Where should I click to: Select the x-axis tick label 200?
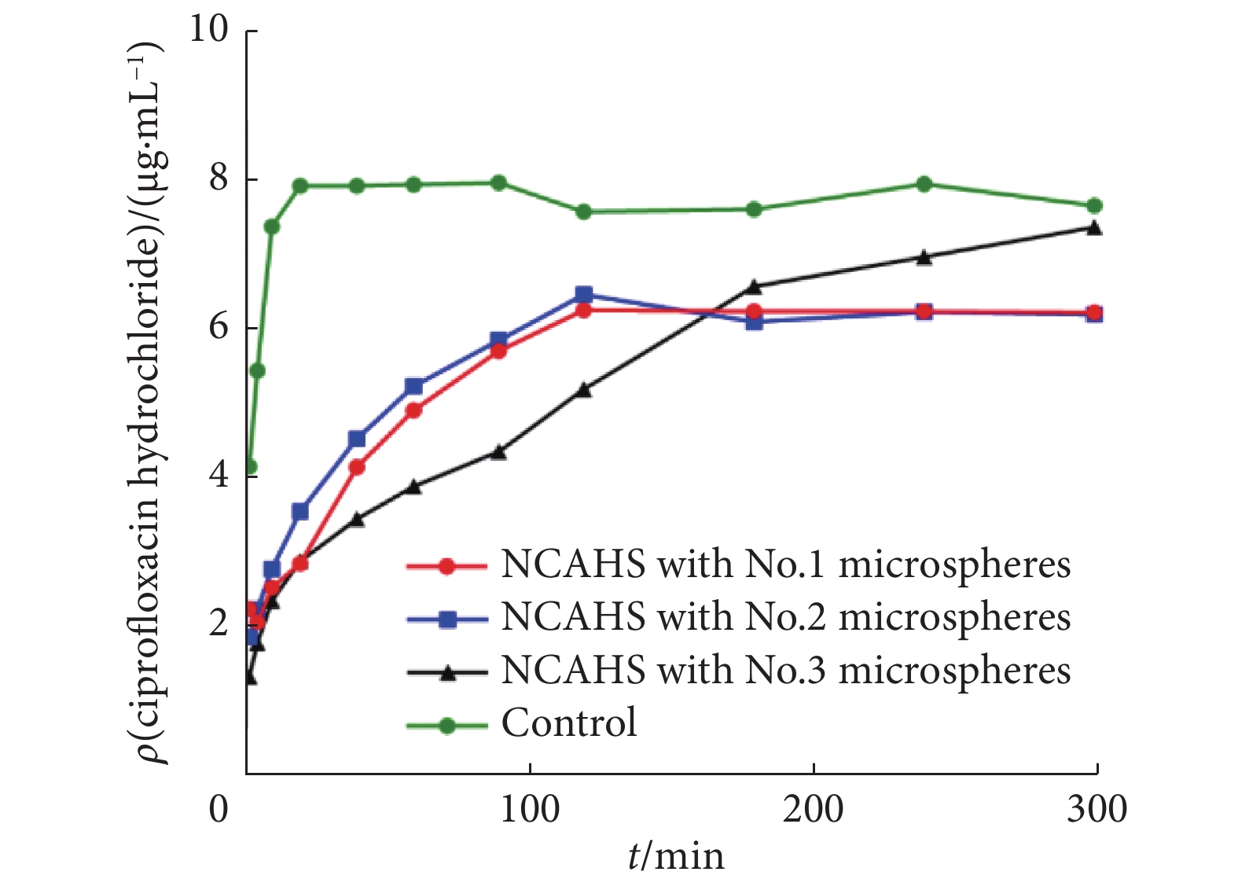[x=813, y=810]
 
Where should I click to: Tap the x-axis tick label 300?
[x=1097, y=810]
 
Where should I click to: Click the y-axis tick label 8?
[x=218, y=178]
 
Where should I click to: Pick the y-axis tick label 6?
[x=218, y=327]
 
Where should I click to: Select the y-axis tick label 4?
[x=218, y=476]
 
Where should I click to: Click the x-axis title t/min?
[x=675, y=856]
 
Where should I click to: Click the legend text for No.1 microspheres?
[x=785, y=565]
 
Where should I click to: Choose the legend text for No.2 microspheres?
[x=785, y=617]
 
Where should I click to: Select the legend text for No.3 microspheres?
[x=785, y=671]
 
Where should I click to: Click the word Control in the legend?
[x=569, y=723]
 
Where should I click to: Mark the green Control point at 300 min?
[x=1094, y=206]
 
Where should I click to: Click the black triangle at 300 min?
[x=1094, y=228]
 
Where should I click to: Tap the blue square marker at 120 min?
[x=583, y=295]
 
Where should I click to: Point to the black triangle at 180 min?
[x=754, y=285]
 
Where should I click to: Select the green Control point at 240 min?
[x=924, y=184]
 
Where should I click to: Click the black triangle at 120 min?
[x=583, y=389]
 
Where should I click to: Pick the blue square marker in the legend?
[x=446, y=619]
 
